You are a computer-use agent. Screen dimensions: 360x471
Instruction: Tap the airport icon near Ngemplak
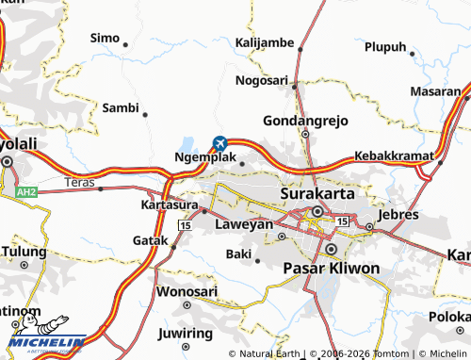pyautogui.click(x=220, y=143)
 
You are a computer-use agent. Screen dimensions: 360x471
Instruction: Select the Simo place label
pyautogui.click(x=105, y=38)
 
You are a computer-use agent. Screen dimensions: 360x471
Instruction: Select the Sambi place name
pyautogui.click(x=121, y=107)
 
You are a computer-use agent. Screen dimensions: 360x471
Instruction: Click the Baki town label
pyautogui.click(x=237, y=254)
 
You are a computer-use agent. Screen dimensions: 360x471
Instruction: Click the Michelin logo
pyautogui.click(x=47, y=344)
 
